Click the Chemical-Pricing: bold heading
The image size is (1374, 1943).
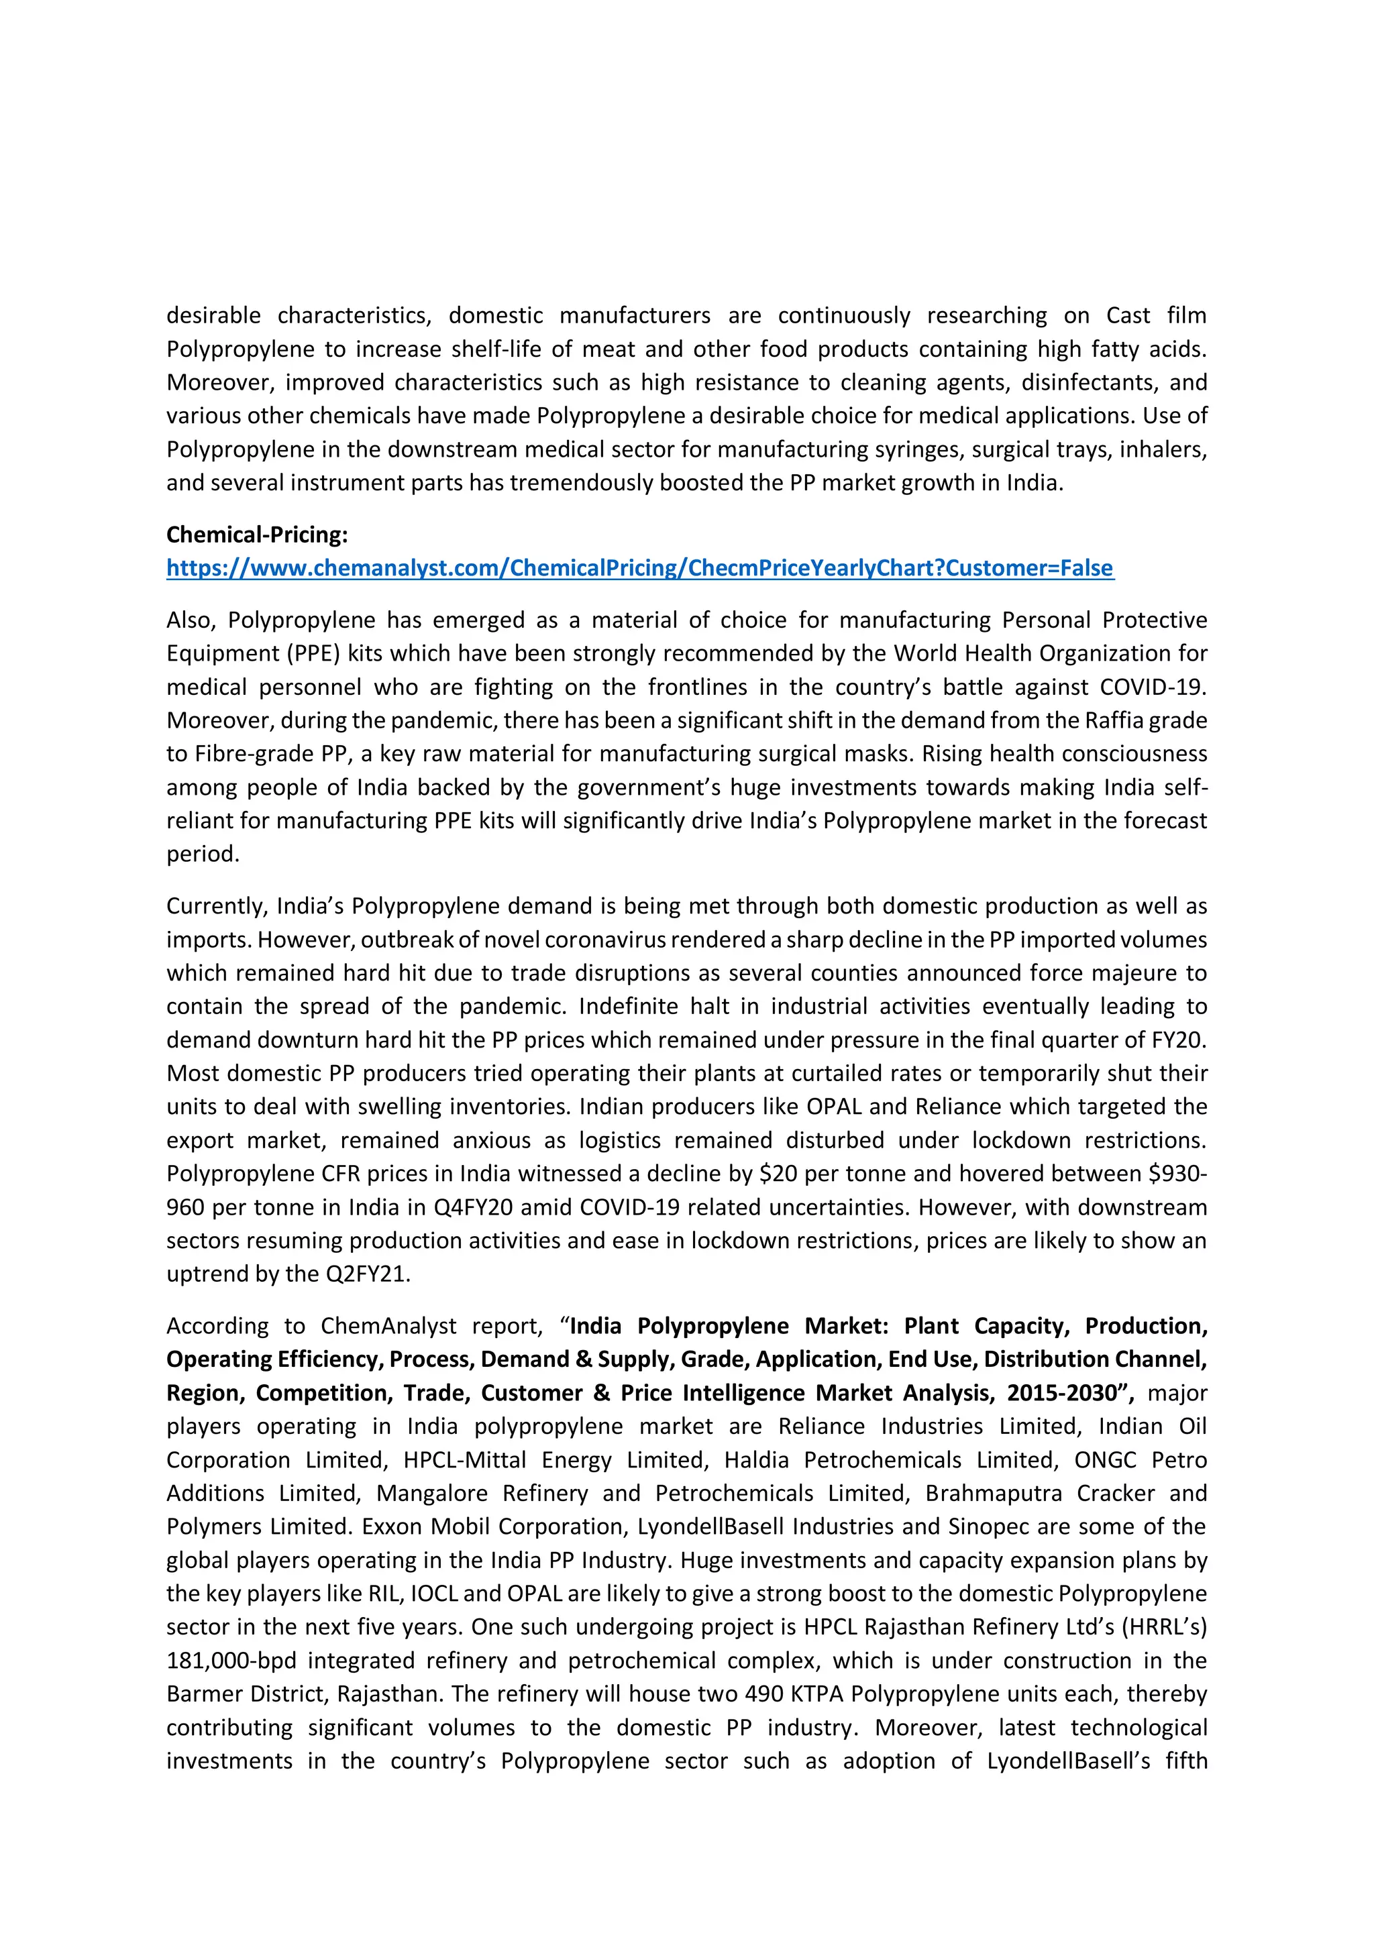(x=256, y=535)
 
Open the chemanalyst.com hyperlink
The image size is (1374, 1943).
(x=639, y=568)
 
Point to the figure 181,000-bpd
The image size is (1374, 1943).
(x=231, y=1661)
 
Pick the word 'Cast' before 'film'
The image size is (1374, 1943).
(x=1128, y=316)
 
